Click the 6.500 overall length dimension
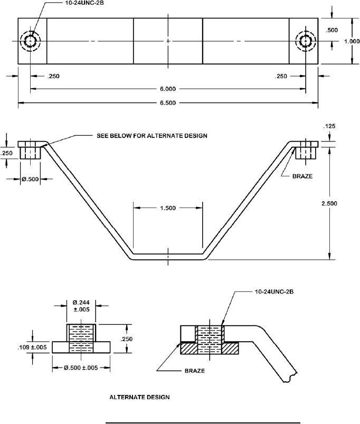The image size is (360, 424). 168,103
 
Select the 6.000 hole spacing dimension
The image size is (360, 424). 168,89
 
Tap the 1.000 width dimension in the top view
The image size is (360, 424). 352,41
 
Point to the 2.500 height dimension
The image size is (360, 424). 329,203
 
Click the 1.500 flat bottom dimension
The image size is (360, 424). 168,208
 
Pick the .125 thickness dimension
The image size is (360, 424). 329,126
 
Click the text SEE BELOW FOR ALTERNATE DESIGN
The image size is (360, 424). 152,136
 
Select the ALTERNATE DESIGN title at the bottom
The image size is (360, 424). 139,397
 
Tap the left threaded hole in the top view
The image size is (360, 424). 30,41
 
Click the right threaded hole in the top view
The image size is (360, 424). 306,41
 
